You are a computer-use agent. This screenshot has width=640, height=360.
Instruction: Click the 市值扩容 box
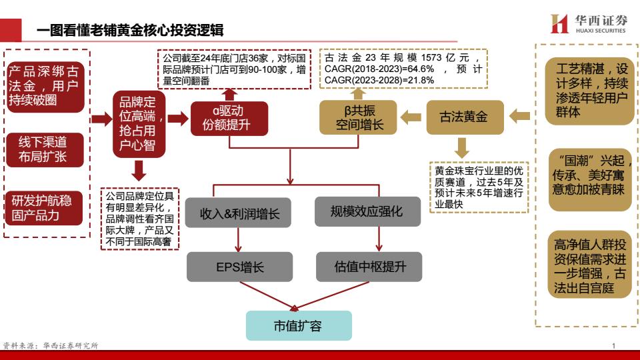(x=299, y=325)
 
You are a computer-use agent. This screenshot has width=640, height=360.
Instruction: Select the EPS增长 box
(x=239, y=267)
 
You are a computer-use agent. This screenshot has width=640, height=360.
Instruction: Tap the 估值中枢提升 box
(x=369, y=267)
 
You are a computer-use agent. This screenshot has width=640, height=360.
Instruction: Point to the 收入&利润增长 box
(x=238, y=213)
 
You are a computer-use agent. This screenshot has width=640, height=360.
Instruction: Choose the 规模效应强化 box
(x=367, y=211)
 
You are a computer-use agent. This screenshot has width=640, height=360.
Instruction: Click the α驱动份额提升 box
(x=229, y=119)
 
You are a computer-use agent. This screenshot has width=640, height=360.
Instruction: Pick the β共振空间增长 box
(x=358, y=117)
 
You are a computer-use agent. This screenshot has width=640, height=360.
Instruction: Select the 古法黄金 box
(x=465, y=117)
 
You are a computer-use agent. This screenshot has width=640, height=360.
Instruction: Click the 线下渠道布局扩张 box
(x=45, y=150)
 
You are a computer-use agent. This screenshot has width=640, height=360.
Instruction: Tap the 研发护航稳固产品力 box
(x=44, y=208)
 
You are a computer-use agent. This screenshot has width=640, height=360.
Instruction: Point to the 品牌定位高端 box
(x=139, y=124)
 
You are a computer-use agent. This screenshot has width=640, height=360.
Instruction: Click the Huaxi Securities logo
(x=588, y=24)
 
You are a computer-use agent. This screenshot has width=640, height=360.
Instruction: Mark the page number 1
(x=613, y=346)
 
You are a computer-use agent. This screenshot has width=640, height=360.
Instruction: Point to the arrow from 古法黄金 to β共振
(x=411, y=117)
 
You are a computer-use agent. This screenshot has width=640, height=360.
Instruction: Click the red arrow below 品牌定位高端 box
(x=139, y=171)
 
